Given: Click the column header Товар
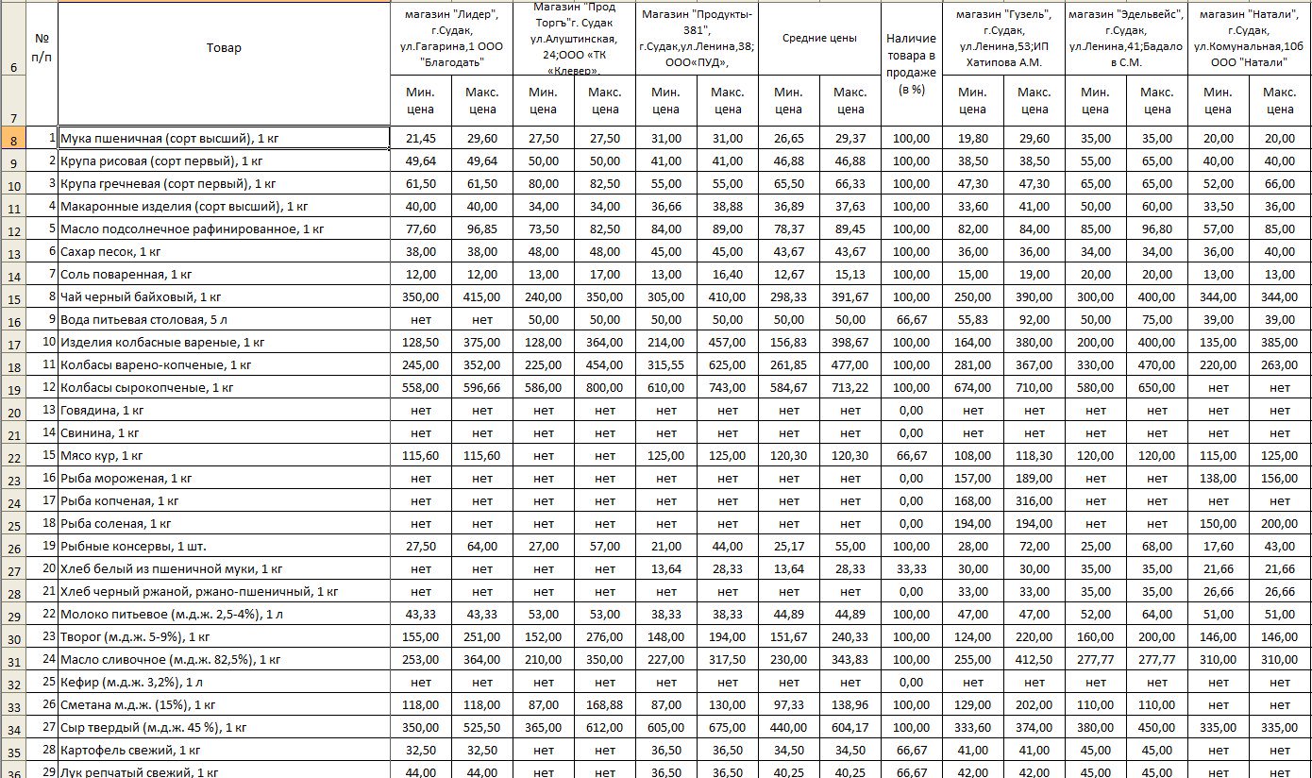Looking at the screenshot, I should (224, 48).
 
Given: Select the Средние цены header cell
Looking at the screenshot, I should (819, 39).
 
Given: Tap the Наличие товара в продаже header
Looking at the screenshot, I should (911, 64).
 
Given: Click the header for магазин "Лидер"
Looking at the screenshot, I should (451, 39).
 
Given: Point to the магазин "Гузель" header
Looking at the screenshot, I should (1003, 39).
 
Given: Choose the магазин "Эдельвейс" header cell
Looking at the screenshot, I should (1126, 39).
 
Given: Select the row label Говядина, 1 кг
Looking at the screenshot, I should (102, 411).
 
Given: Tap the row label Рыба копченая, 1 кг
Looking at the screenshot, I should (119, 501).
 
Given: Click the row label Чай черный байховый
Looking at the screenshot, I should (141, 297).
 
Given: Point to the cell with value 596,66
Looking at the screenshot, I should (482, 388).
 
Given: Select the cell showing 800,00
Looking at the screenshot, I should (604, 388).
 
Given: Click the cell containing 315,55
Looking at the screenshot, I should (666, 365).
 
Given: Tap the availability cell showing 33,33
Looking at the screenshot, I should (911, 569).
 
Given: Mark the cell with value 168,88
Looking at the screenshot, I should (604, 705).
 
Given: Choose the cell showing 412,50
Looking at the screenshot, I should (1034, 660).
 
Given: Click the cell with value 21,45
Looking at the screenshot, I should (421, 139).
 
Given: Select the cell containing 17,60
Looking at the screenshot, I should (1219, 547).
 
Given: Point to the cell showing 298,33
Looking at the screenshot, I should (788, 297).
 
